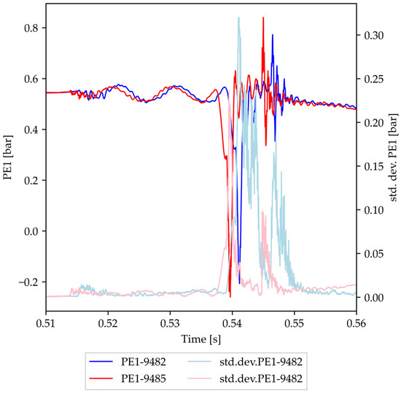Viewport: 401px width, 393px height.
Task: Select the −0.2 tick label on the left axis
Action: coord(28,282)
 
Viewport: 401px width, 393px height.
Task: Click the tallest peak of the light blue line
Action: coord(239,18)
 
